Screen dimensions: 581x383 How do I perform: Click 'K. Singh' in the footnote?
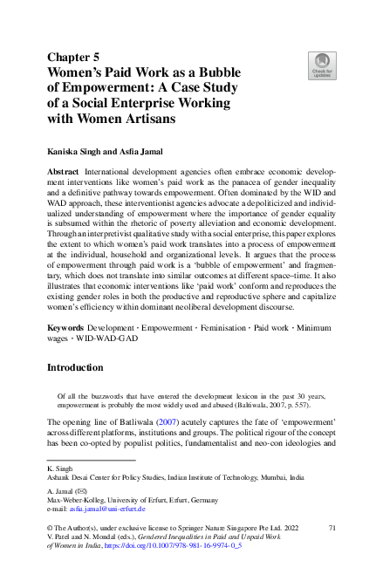point(59,468)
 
